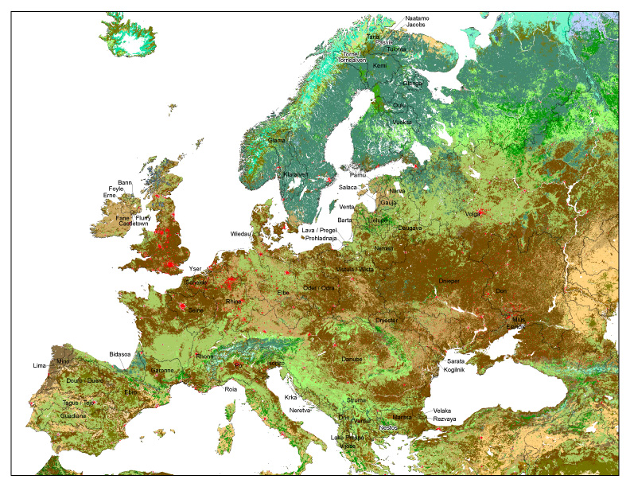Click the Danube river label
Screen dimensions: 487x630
click(352, 359)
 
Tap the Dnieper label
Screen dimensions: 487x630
click(449, 281)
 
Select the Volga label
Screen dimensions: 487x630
click(473, 213)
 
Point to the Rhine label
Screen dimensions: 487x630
click(232, 302)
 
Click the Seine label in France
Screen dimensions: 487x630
click(196, 310)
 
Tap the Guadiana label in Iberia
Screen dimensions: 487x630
click(73, 415)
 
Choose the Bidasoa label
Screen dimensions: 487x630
click(122, 353)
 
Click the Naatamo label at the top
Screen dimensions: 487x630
click(417, 18)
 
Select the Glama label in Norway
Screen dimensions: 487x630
click(276, 140)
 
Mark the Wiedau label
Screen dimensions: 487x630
click(240, 234)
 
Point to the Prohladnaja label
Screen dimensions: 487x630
click(321, 237)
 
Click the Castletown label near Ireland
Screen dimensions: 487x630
click(132, 224)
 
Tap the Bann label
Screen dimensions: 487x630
click(125, 182)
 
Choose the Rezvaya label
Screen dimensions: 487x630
click(445, 419)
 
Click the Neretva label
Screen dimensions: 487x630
click(300, 410)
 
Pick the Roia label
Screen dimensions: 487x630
click(231, 389)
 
